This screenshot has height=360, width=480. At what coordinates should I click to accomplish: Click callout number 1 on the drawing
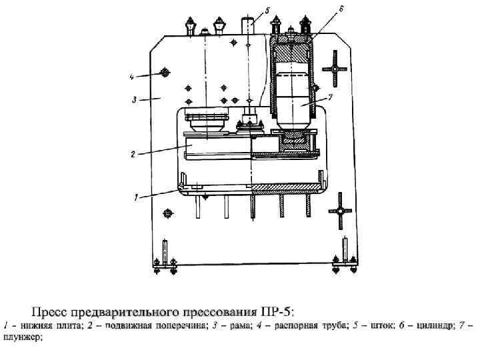pyautogui.click(x=136, y=197)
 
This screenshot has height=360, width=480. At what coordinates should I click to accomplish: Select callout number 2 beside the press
pyautogui.click(x=133, y=154)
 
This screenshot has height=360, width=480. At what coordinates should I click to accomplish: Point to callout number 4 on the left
pyautogui.click(x=132, y=76)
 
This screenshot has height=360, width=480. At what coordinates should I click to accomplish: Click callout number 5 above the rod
pyautogui.click(x=267, y=11)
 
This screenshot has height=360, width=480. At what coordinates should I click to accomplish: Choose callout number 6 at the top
pyautogui.click(x=341, y=9)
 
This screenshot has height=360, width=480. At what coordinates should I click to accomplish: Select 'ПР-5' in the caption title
pyautogui.click(x=279, y=311)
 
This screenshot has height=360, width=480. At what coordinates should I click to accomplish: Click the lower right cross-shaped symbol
pyautogui.click(x=339, y=211)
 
